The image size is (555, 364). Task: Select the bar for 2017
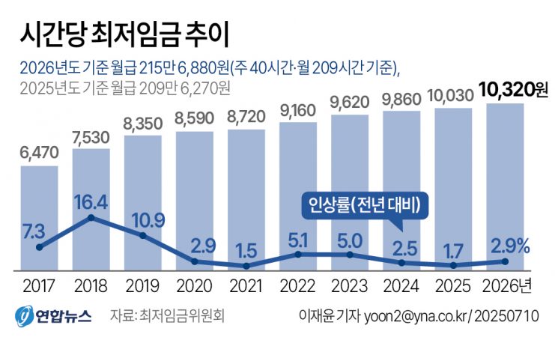(x=39, y=217)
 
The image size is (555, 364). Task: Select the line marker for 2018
(x=91, y=218)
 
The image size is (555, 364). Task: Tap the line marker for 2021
(x=246, y=265)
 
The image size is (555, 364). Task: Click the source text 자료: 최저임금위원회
(x=167, y=315)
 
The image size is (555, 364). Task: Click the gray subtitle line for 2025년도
(x=126, y=88)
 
